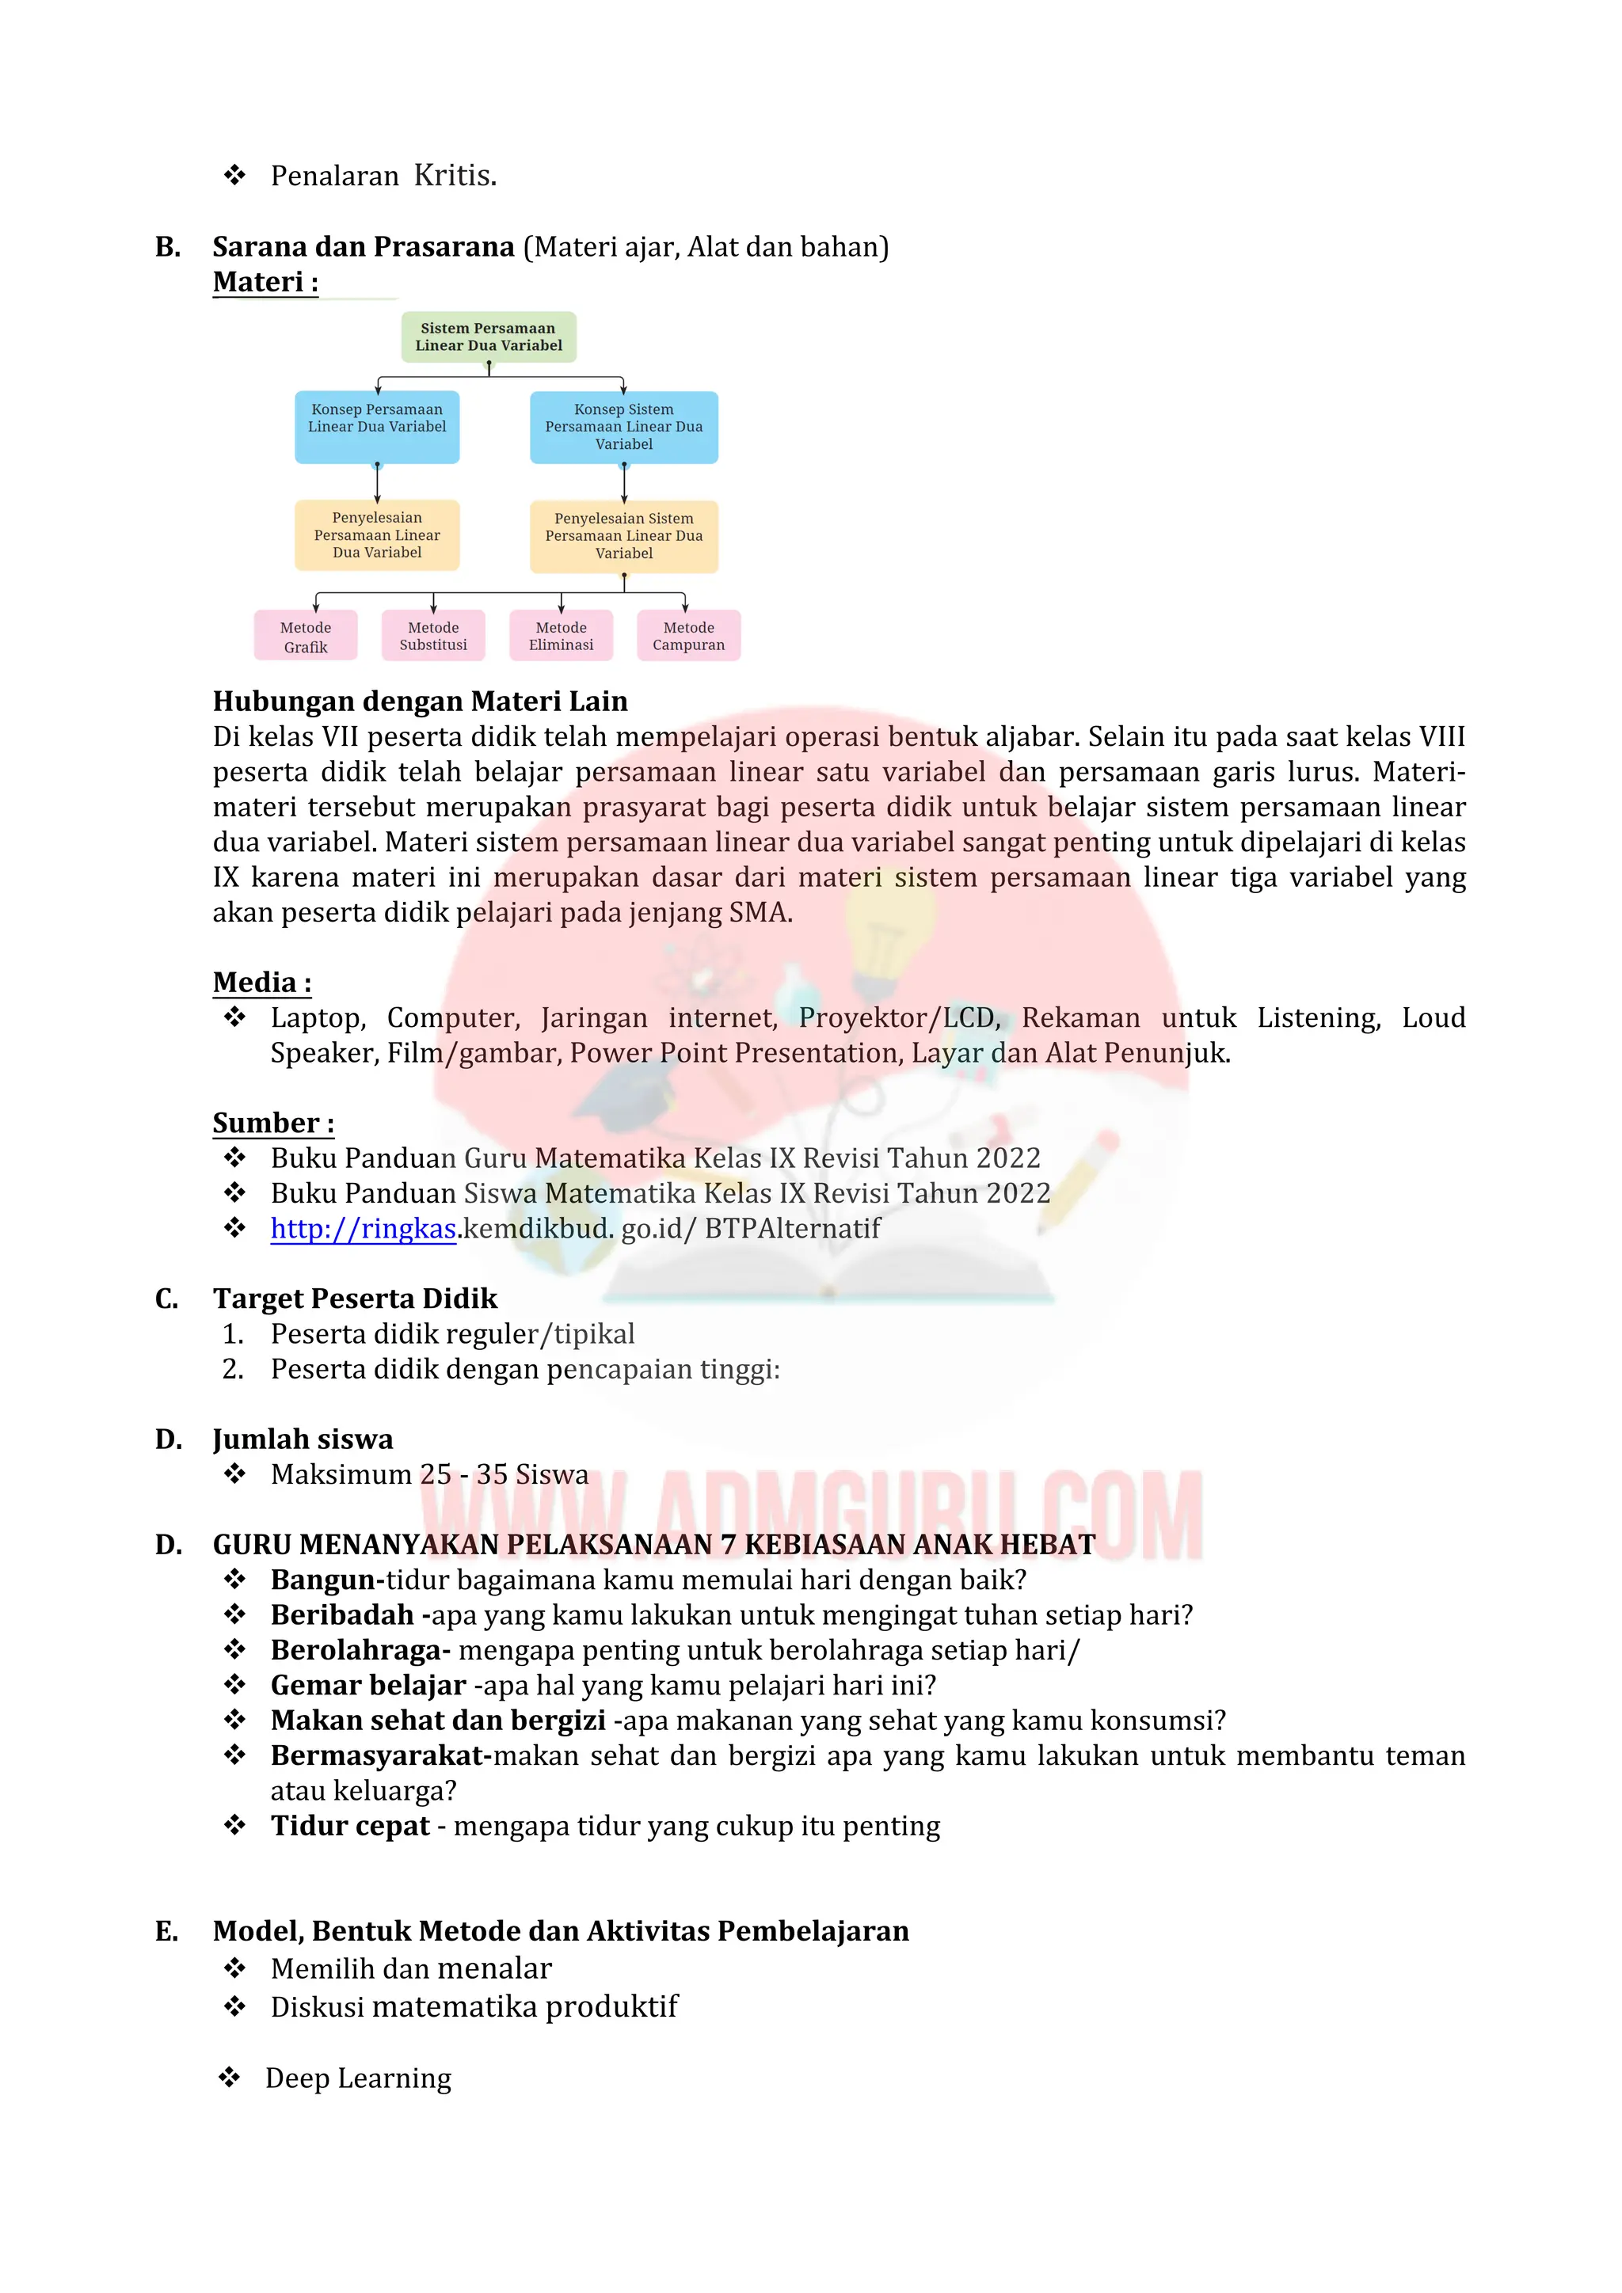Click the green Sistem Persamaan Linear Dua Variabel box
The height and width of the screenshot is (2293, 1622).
point(489,337)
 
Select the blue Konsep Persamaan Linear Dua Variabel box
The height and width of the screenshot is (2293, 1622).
point(376,427)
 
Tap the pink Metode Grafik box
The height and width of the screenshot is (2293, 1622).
point(306,636)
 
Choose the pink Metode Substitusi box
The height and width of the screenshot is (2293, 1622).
point(433,636)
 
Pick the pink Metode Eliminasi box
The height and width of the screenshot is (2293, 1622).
point(562,636)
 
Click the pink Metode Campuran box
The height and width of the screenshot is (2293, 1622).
point(689,636)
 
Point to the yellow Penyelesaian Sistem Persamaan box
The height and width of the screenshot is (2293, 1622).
point(624,536)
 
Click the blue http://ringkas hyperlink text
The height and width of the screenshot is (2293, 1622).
point(364,1228)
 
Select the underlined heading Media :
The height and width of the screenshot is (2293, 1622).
point(261,983)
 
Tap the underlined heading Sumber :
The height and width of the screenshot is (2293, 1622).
point(272,1123)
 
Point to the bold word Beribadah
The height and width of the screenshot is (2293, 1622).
point(343,1615)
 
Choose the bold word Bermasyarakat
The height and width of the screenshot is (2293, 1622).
point(379,1755)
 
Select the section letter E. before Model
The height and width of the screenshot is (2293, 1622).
point(167,1931)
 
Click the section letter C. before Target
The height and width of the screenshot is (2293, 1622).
point(167,1299)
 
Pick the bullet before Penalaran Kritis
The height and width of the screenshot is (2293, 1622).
point(234,176)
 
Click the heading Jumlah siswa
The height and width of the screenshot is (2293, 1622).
point(303,1439)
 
